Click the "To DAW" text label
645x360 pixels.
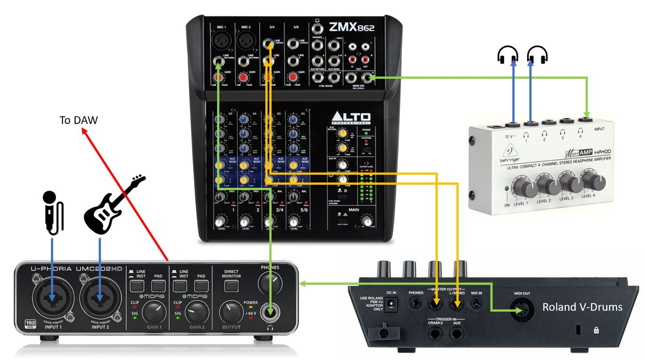(x=79, y=121)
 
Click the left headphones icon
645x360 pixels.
(x=507, y=54)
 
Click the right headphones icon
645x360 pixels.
(x=537, y=54)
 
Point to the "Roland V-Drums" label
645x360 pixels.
(x=582, y=307)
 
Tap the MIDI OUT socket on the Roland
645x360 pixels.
(x=522, y=308)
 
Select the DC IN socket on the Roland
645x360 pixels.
(x=392, y=304)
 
